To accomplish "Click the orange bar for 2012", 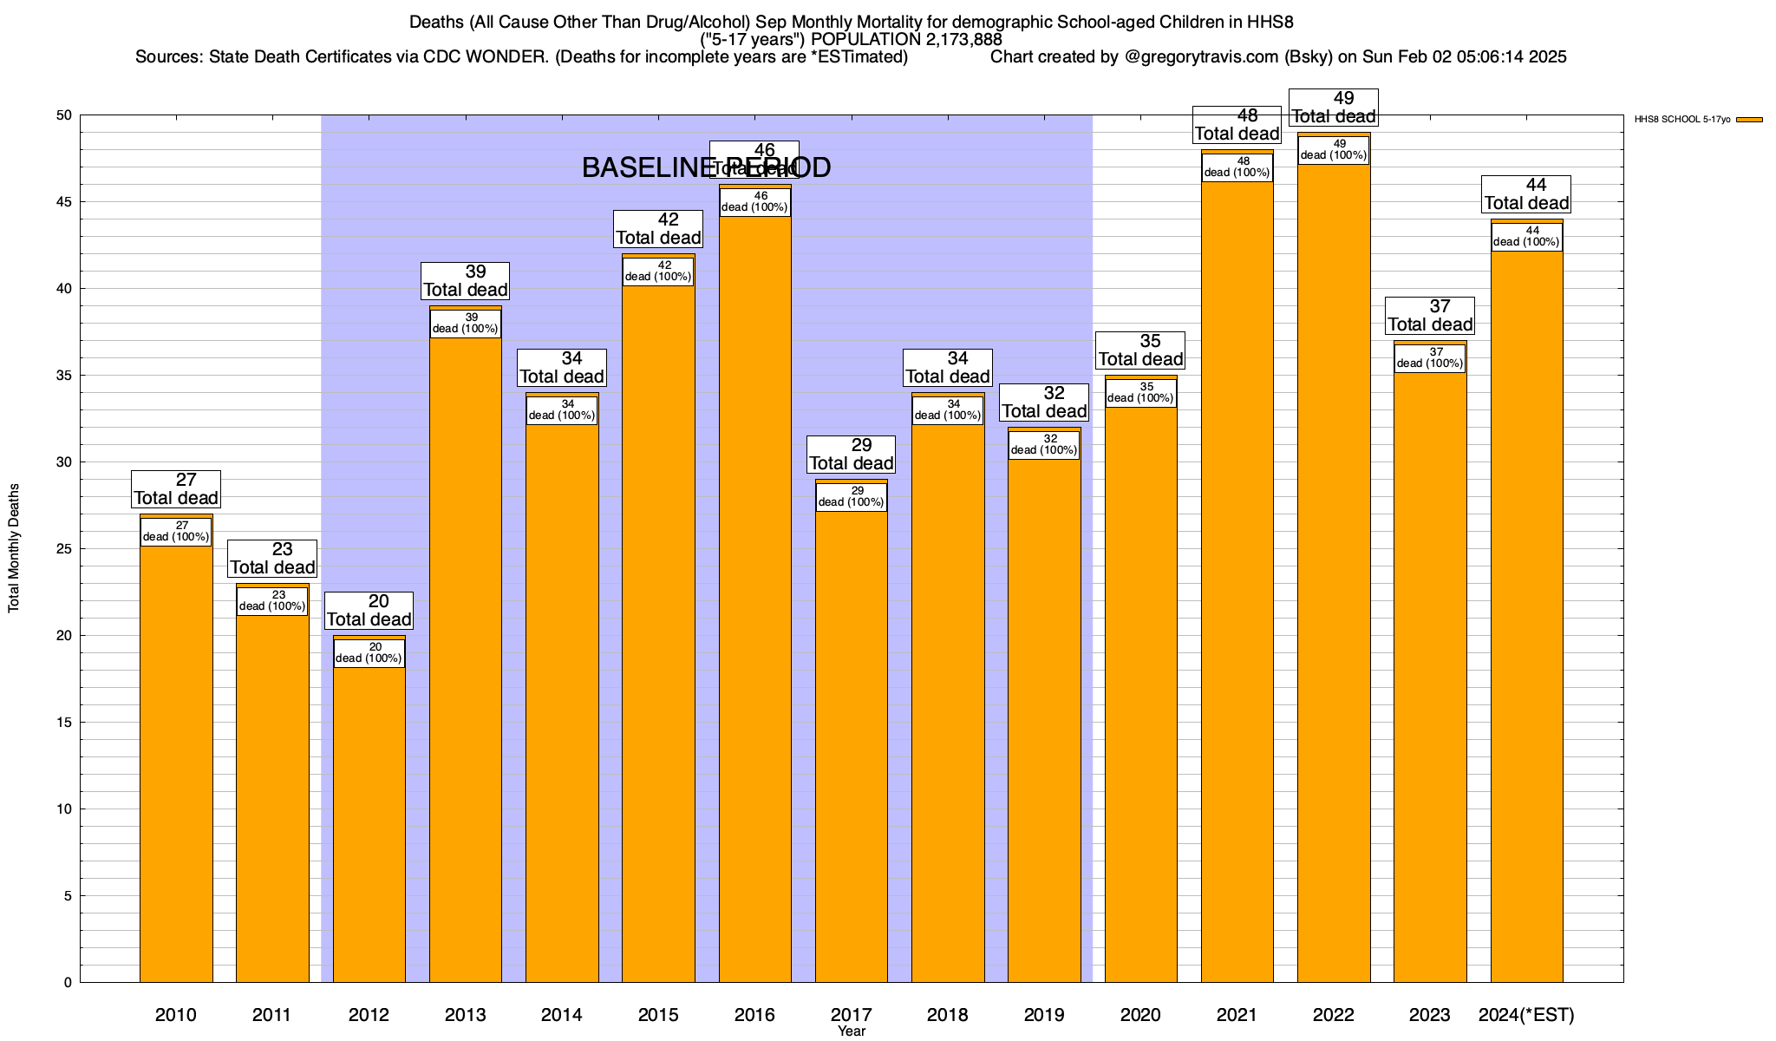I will (369, 824).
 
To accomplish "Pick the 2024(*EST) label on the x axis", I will (1526, 1015).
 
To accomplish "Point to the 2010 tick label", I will (176, 1015).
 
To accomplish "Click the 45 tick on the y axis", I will (64, 202).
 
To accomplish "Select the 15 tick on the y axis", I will (64, 723).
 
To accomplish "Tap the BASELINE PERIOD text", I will (706, 167).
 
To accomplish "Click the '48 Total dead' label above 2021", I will (1237, 125).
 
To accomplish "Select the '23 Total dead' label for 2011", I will (272, 559).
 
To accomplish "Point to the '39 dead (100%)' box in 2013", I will (466, 324).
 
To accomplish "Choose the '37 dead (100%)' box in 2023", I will (1430, 358).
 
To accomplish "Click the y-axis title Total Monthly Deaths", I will (14, 548).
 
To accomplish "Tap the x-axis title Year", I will (852, 1031).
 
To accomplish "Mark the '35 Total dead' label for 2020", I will (1140, 350).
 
